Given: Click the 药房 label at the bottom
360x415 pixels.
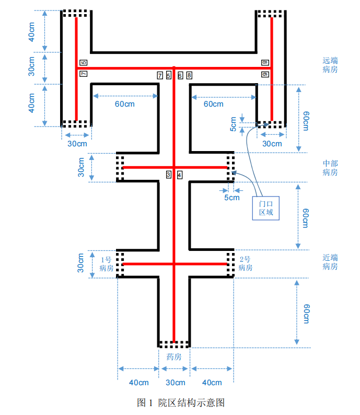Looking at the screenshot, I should pos(174,358).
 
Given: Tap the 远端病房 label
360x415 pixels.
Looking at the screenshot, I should pos(330,65).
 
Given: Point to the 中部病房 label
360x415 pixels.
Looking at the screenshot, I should pos(330,168).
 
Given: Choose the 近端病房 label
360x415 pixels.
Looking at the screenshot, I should pos(330,262).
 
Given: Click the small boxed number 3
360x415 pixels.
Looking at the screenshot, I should pos(169,175).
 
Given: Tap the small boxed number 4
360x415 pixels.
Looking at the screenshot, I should pos(180,175).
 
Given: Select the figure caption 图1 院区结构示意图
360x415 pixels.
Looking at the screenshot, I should pos(180,402).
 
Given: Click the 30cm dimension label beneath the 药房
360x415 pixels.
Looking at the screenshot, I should pos(175,383).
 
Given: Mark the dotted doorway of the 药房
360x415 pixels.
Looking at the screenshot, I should pos(174,344).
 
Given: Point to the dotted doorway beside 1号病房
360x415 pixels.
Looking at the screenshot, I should pos(120,264).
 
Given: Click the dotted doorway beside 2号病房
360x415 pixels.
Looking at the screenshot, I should pos(230,264).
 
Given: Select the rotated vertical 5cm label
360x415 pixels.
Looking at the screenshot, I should pos(234,123).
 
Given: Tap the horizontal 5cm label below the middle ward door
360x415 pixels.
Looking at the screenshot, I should pos(231,198).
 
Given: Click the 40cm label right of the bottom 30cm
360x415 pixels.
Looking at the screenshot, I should pos(211,383).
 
